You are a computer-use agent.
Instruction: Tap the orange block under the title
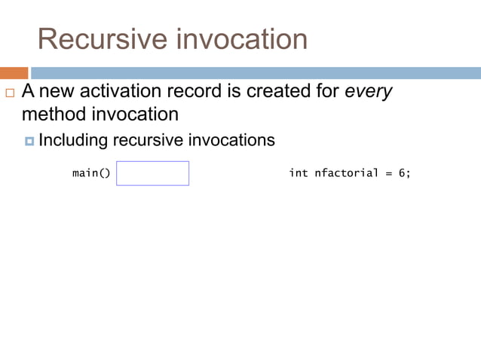[x=14, y=73]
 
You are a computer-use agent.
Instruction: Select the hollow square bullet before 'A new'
[x=9, y=93]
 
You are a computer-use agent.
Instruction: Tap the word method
[x=51, y=114]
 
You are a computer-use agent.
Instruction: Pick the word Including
[x=73, y=140]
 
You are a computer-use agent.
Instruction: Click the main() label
[x=91, y=173]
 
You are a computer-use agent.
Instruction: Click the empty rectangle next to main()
[x=152, y=173]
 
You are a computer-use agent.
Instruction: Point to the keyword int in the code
[x=299, y=173]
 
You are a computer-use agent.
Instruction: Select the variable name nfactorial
[x=346, y=173]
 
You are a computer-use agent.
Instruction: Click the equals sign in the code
[x=389, y=174]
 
